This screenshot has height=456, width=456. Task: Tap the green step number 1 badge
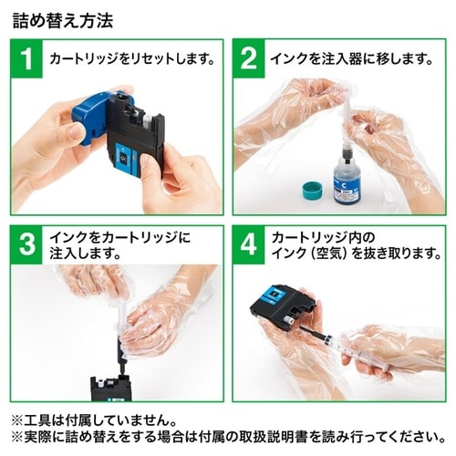pos(26,60)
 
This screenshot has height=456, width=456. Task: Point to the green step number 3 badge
pos(26,244)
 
